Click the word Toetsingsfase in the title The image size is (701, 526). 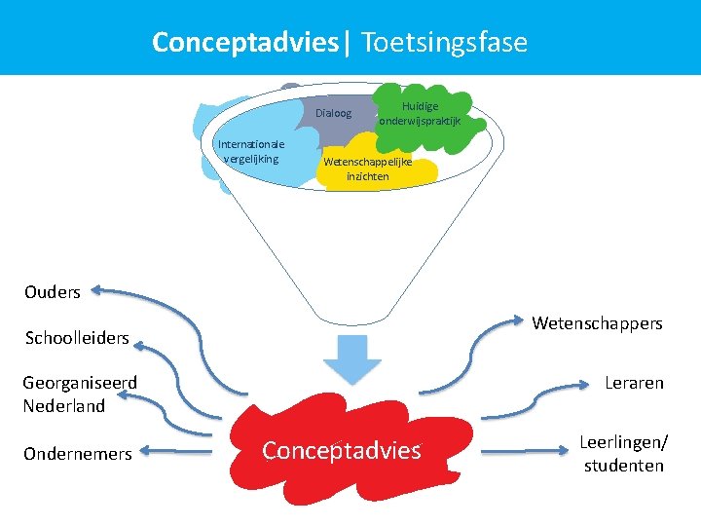(444, 43)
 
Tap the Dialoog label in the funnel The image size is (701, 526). (334, 113)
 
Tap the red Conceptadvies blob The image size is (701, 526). (341, 450)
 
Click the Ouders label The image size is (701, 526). (53, 291)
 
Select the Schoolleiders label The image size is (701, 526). (77, 338)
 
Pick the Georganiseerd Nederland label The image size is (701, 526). (80, 394)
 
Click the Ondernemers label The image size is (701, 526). (78, 453)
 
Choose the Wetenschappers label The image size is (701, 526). (597, 322)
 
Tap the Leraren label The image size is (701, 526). (634, 383)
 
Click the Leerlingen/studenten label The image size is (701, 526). (624, 453)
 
